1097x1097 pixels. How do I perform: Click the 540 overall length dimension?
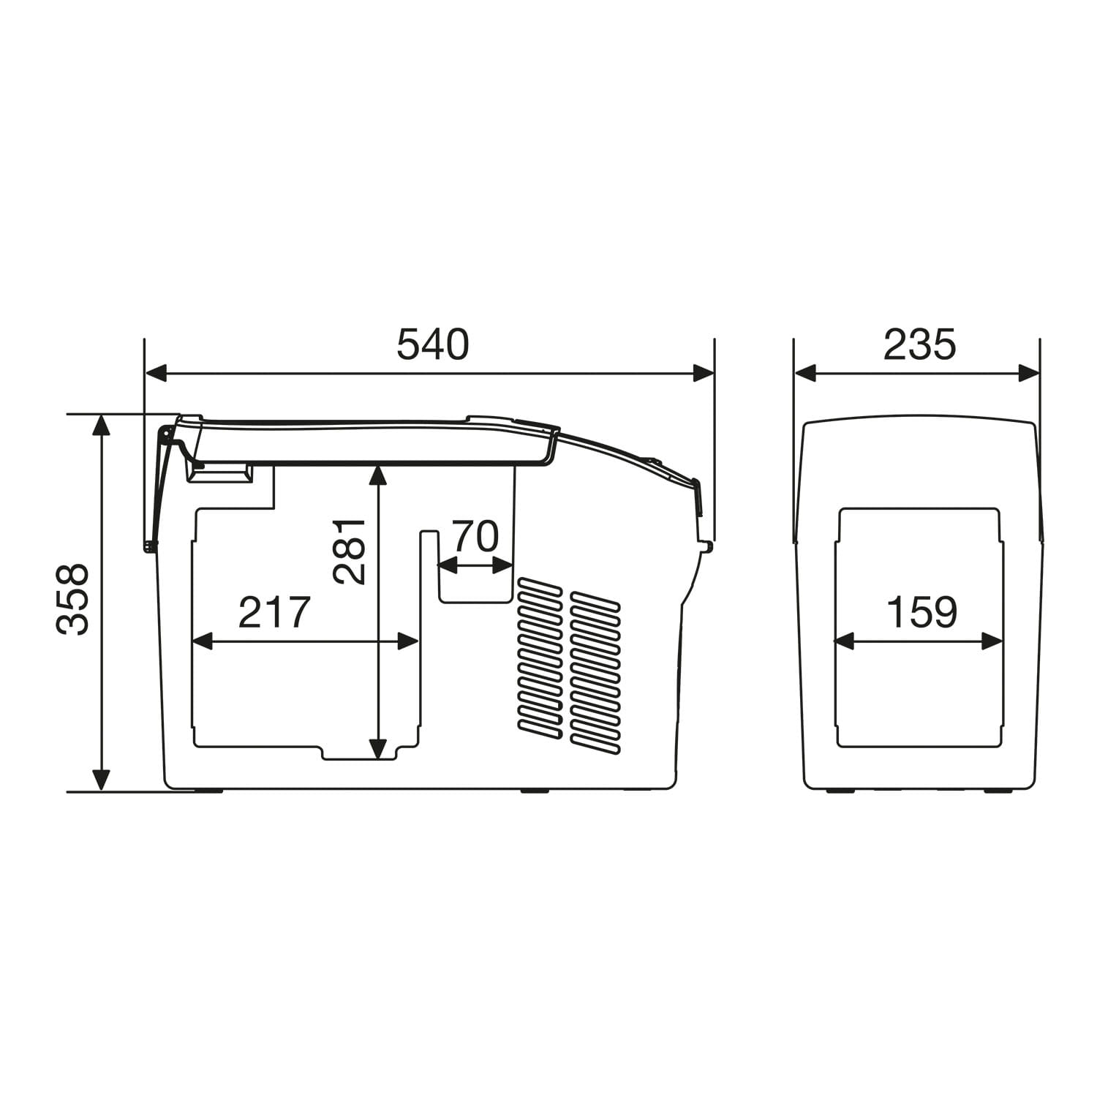[x=432, y=345]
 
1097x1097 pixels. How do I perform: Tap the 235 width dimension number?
[x=919, y=345]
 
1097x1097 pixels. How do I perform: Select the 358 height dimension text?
[x=73, y=599]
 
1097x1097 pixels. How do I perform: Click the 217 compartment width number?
[x=275, y=613]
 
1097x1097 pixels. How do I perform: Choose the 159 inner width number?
[x=921, y=613]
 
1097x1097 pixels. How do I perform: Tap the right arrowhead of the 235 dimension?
[x=1029, y=374]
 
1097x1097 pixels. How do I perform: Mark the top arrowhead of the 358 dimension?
[x=102, y=426]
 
